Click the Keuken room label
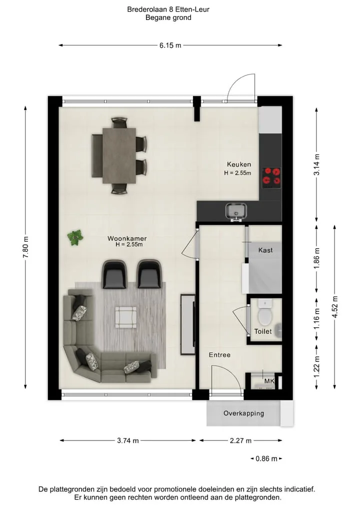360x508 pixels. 238,164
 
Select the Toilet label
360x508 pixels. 263,331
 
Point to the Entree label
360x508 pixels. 219,355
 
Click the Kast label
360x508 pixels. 265,250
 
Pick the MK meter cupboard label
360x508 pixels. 269,381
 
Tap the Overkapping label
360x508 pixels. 243,413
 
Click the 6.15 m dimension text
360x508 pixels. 170,45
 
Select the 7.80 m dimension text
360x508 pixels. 26,247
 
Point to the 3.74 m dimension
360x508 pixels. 128,440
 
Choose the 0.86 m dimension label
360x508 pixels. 266,459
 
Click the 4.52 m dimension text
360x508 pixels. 334,307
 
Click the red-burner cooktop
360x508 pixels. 271,177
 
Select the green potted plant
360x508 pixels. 75,237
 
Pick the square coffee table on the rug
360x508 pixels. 126,317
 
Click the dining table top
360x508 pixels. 119,155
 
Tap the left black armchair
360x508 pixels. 114,274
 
